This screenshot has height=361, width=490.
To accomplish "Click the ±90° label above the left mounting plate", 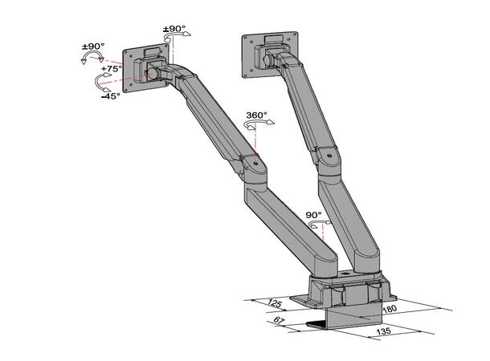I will tap(174, 30).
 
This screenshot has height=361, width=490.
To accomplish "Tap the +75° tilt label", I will tap(111, 69).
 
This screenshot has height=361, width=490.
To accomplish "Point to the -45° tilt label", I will tap(110, 95).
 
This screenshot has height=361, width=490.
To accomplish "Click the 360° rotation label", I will tap(256, 115).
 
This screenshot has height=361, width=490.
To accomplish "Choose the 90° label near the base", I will tap(314, 215).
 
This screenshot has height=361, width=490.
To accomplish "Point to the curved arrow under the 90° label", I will tap(314, 225).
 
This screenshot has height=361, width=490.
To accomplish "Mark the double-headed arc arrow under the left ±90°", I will tap(93, 59).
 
